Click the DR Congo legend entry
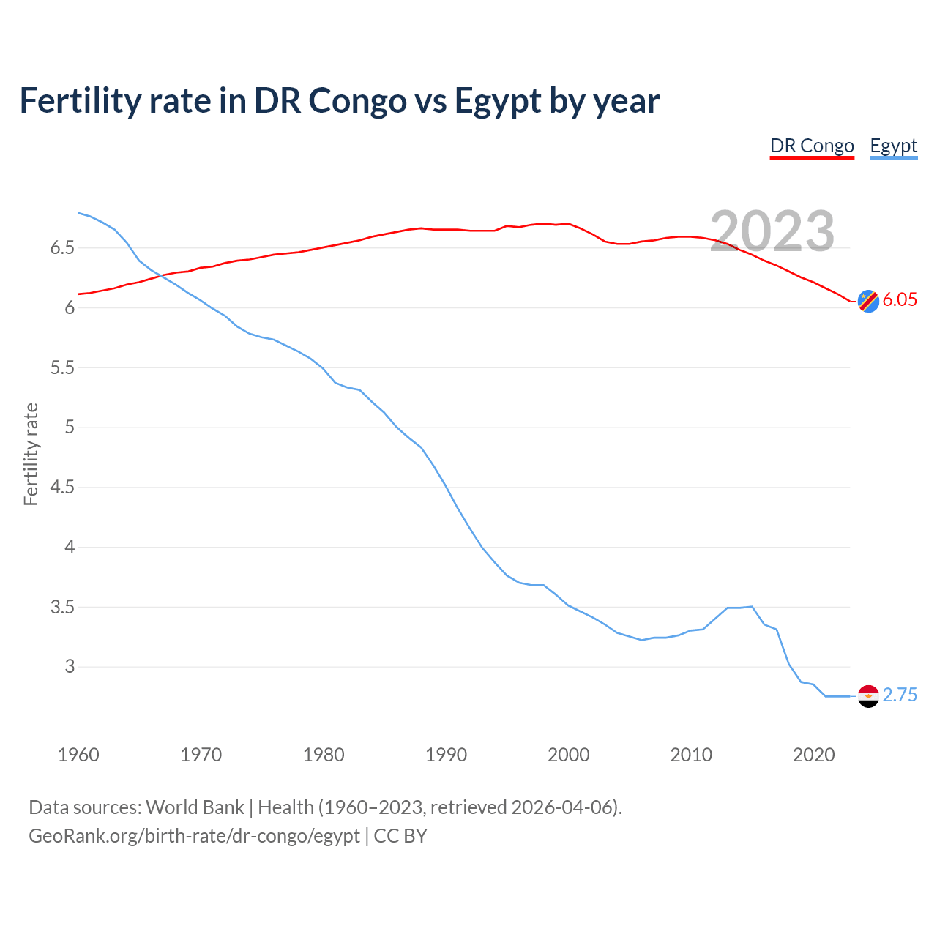812,146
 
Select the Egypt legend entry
893,146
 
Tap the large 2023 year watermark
772,231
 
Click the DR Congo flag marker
868,301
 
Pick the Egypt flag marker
868,696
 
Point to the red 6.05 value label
900,299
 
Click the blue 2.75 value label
900,695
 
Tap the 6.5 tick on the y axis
62,248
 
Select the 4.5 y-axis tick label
62,487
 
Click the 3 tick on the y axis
70,666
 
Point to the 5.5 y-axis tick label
62,367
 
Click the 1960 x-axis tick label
78,755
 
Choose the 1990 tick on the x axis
446,755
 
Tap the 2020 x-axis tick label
813,755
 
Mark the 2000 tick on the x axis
568,755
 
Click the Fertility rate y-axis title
31,454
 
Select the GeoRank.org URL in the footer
194,836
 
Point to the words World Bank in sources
195,807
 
